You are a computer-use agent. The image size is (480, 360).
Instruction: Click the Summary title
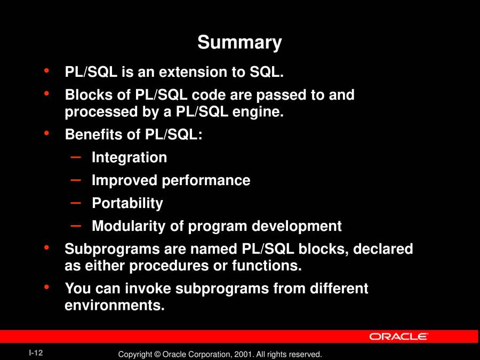(x=239, y=43)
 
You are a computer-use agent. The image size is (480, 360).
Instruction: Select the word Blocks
(x=89, y=94)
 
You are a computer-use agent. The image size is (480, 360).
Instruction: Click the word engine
(x=258, y=112)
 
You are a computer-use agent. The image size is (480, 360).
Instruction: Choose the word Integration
(x=129, y=158)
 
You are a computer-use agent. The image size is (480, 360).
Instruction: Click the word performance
(x=206, y=181)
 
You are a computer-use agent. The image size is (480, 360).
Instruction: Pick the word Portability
(x=127, y=204)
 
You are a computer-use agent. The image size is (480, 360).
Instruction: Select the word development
(x=297, y=226)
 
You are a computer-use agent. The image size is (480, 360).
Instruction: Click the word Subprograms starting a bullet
(x=112, y=249)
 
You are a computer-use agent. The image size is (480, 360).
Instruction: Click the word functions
(x=267, y=266)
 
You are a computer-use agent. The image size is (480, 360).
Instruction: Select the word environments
(x=115, y=305)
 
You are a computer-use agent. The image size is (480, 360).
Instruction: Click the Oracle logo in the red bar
(x=398, y=337)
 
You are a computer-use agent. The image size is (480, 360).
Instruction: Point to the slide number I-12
(x=36, y=353)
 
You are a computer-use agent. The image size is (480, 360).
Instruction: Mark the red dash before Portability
(x=76, y=203)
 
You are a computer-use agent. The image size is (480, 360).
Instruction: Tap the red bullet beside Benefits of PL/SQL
(x=46, y=133)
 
